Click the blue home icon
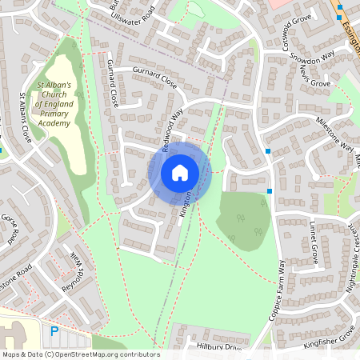[x=180, y=172]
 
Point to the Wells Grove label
[x=314, y=78]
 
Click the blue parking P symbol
[x=54, y=330]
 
